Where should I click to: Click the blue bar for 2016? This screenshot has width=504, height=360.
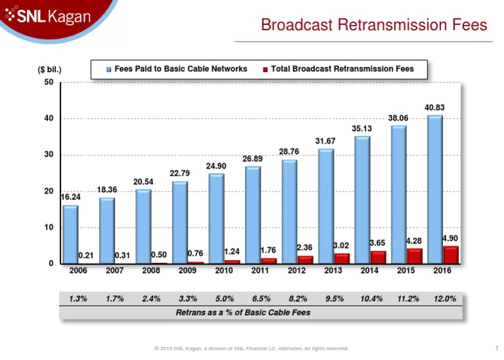pos(434,190)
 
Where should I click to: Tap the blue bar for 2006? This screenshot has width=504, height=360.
pos(70,235)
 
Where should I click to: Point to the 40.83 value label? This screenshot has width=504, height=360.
pos(435,107)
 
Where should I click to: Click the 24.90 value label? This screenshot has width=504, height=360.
pos(217,166)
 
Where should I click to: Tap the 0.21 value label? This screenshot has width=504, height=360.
pos(85,255)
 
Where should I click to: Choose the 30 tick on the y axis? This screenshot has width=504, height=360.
pos(49,155)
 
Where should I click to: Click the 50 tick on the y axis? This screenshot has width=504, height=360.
pos(49,82)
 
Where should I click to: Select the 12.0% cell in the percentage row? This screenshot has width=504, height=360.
pos(445,298)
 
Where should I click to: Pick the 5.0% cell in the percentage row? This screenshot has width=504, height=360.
pos(225,298)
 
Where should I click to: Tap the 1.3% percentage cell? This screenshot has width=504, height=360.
pos(79,298)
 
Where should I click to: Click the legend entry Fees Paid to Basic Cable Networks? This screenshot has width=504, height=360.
pos(177,68)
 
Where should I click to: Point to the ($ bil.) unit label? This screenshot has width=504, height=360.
pos(49,68)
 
